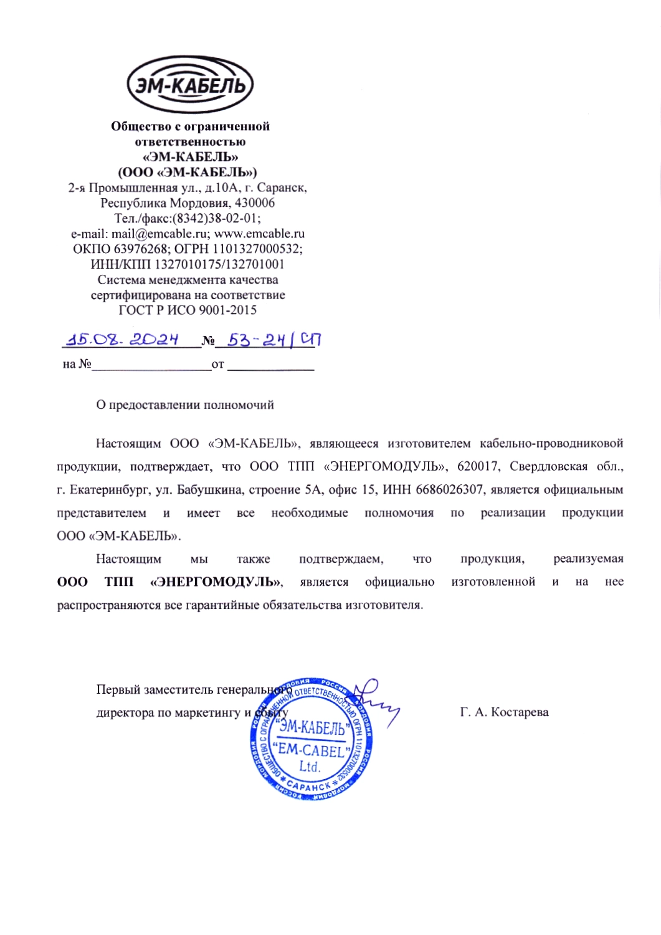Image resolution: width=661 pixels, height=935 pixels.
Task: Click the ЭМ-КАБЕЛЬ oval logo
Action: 190,85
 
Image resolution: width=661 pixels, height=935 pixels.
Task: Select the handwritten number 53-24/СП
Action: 273,340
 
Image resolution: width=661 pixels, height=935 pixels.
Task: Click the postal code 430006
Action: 255,203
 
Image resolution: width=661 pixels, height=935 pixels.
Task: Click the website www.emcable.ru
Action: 259,234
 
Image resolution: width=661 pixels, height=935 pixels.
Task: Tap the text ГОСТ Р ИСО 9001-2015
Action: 188,310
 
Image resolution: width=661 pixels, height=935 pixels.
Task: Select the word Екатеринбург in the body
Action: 109,490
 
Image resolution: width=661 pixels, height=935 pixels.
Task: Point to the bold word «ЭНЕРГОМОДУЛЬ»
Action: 216,582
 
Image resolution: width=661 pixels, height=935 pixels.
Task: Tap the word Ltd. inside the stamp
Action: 310,767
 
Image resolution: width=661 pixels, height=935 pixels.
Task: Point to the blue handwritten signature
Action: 376,701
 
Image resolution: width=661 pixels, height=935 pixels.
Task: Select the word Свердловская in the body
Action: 548,467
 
